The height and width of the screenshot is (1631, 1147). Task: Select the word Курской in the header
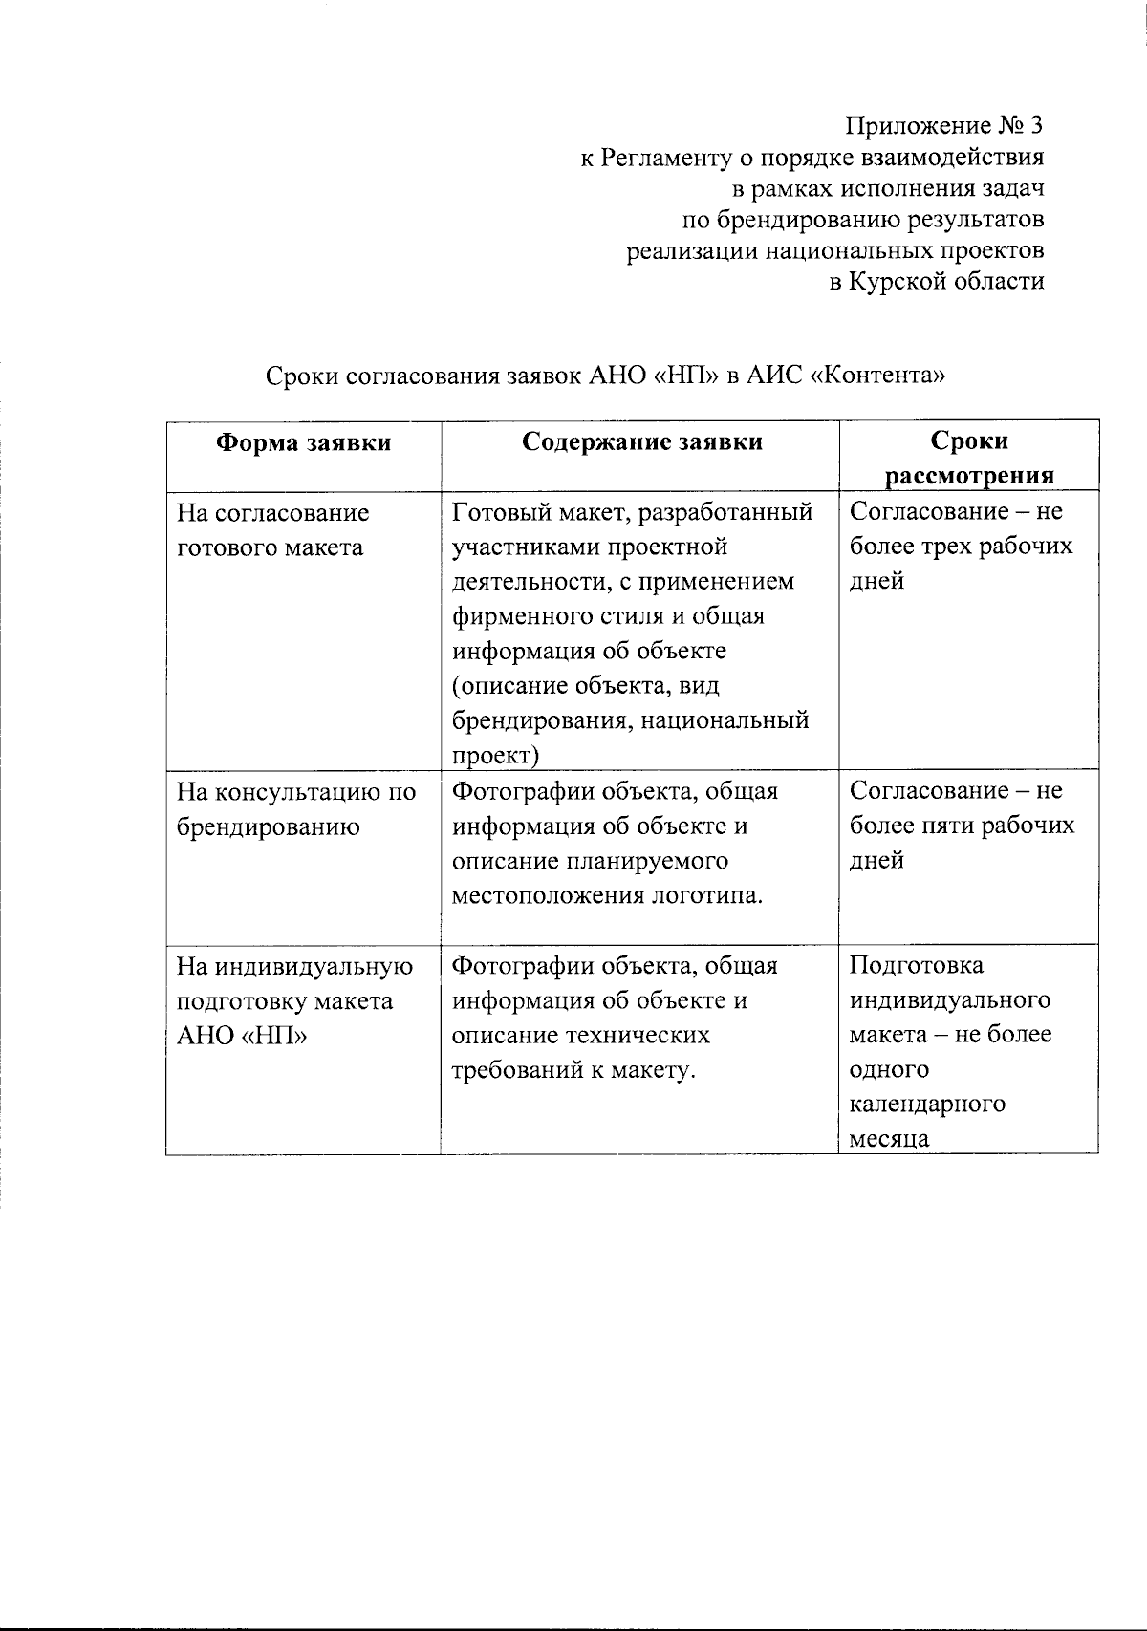[x=902, y=282]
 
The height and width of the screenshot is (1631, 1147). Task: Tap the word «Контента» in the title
[x=878, y=376]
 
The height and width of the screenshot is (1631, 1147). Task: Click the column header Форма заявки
[x=303, y=442]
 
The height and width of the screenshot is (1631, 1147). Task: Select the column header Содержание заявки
[x=642, y=441]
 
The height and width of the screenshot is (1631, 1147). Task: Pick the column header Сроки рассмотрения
[x=969, y=458]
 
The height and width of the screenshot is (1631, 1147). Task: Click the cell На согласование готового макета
[x=272, y=530]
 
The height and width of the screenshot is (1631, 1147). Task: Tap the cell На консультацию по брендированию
[x=296, y=809]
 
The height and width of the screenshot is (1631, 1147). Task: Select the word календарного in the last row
[x=927, y=1105]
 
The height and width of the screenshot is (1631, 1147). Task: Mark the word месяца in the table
[x=889, y=1139]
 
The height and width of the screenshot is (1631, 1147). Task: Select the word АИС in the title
[x=773, y=376]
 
